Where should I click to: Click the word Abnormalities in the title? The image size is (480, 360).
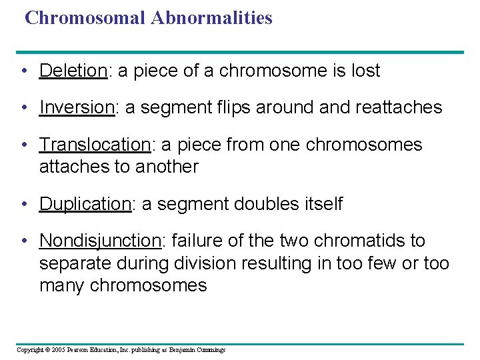(211, 18)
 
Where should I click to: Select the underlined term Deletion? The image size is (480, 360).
(73, 71)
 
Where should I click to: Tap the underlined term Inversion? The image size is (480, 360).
(77, 107)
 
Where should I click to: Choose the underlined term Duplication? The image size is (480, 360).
(85, 204)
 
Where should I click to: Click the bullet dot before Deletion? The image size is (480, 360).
(24, 71)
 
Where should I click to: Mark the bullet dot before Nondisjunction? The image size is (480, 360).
(24, 241)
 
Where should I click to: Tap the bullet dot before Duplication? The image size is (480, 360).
(24, 205)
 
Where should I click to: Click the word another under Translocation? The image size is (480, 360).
(167, 167)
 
